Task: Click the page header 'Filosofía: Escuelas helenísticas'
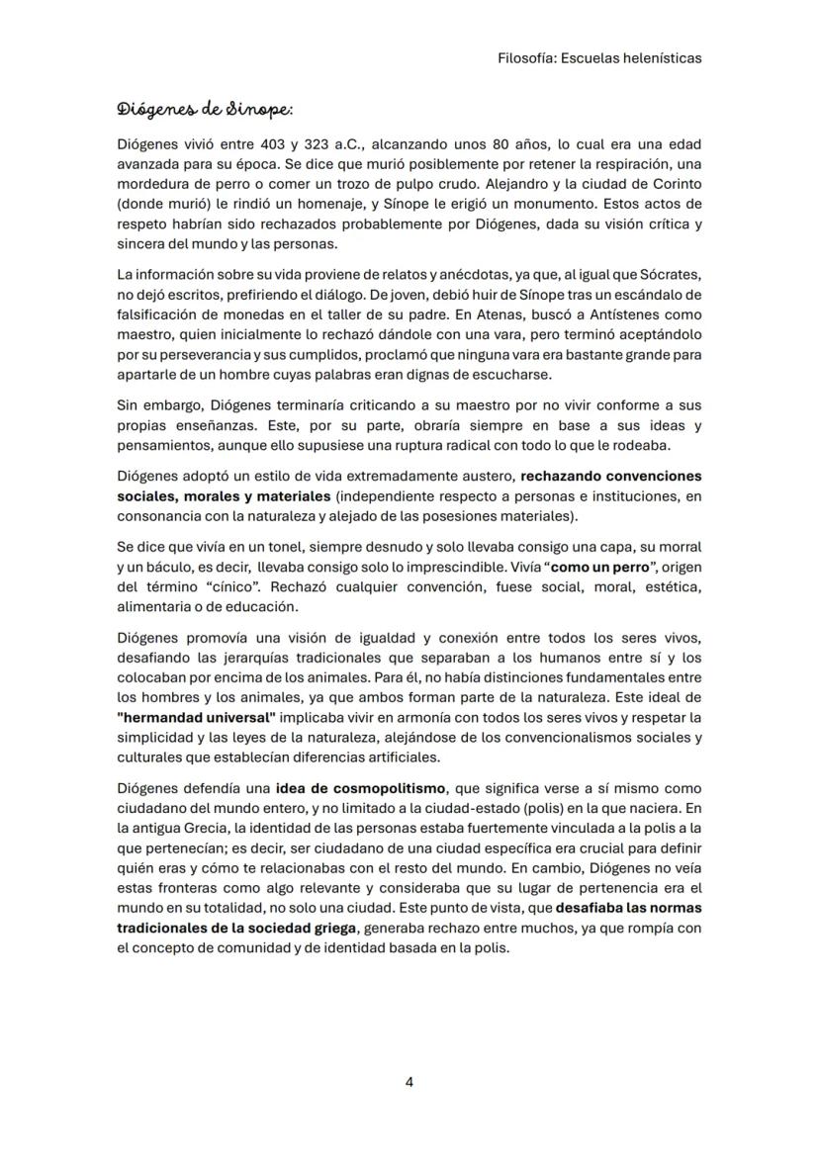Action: [x=599, y=58]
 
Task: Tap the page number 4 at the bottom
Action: [x=409, y=1082]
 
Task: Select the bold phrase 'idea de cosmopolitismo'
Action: [x=361, y=788]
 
